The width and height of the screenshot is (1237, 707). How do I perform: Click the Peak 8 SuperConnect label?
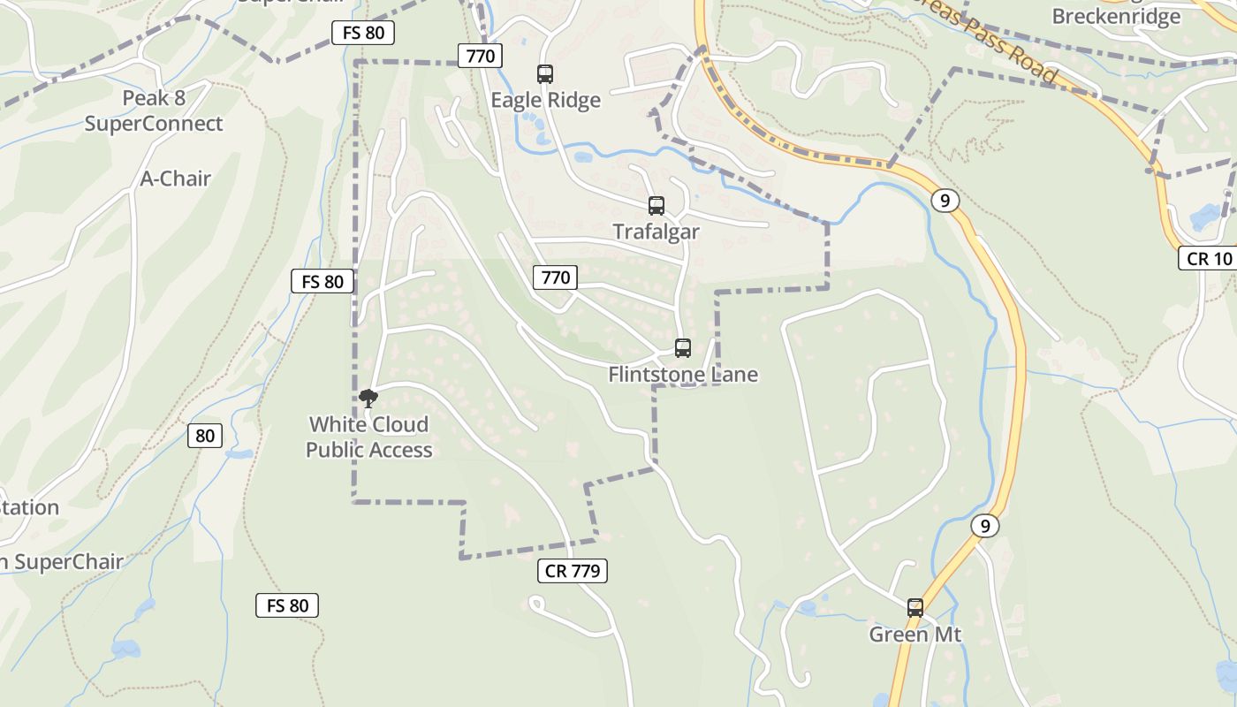click(x=154, y=110)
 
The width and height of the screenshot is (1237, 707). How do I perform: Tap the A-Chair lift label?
click(x=176, y=179)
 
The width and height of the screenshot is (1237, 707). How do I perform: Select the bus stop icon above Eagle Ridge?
click(x=545, y=74)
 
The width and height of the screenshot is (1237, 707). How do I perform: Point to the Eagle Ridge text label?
click(x=546, y=100)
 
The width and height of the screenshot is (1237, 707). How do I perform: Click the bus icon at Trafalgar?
click(x=656, y=206)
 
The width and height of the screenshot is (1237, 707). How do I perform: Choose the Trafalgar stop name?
click(x=656, y=232)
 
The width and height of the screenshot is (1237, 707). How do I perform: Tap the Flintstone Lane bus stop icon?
click(x=683, y=348)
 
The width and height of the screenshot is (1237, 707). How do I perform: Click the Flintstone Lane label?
click(x=683, y=375)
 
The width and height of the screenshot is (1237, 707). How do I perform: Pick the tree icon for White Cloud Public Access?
click(x=368, y=399)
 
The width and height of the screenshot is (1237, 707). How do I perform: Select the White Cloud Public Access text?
click(x=369, y=437)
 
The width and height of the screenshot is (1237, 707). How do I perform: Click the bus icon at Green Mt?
click(x=915, y=608)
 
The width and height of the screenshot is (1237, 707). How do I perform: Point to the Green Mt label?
click(x=915, y=635)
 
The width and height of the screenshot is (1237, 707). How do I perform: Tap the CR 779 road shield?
click(x=573, y=571)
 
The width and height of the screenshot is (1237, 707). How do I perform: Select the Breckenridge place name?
click(x=1116, y=16)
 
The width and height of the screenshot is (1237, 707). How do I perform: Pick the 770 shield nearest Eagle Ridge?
click(x=481, y=57)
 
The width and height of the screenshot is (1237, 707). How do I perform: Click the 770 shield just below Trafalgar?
click(x=555, y=277)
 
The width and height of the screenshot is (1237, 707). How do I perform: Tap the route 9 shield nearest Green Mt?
click(x=985, y=526)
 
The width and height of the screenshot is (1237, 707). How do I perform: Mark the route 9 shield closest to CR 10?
click(x=945, y=201)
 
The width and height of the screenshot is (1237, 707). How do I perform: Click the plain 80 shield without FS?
click(x=205, y=435)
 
